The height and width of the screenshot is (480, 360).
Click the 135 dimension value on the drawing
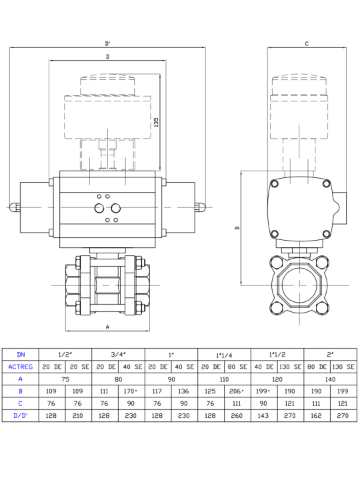point(156,122)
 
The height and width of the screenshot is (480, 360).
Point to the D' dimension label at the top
point(108,44)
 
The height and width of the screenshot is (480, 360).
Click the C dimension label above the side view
point(307,44)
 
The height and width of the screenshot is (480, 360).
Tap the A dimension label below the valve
point(107,327)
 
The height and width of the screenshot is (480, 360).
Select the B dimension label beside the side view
point(237,228)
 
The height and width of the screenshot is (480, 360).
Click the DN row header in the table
point(21,355)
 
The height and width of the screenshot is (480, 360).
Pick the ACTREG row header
point(21,367)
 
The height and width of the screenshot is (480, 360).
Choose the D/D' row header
point(21,416)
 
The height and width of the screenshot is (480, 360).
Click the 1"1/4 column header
point(224,355)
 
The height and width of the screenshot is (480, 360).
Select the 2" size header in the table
point(330,355)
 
